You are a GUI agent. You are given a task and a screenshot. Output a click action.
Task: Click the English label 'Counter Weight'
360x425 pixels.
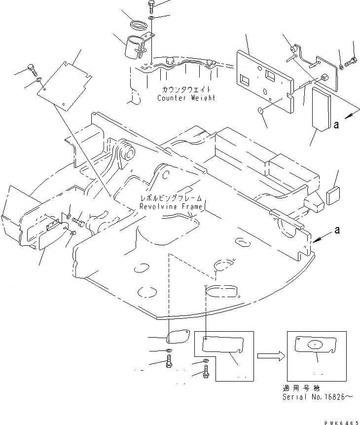(186, 98)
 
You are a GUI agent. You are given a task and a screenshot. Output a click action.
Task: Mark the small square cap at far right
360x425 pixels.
(333, 195)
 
